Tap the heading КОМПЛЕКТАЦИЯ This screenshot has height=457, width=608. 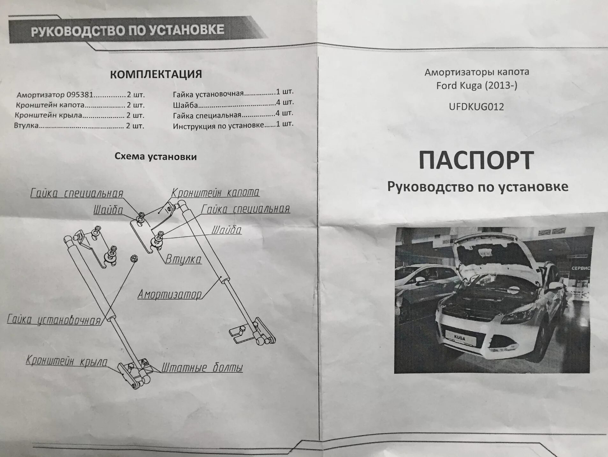tap(156, 74)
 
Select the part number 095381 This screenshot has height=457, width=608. tap(80, 95)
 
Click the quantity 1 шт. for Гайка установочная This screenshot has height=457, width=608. tap(285, 92)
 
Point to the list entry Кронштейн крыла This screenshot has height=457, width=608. tap(48, 115)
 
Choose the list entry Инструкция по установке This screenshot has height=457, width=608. tap(219, 125)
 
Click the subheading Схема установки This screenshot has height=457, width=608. tap(156, 156)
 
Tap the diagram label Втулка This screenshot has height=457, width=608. tap(183, 259)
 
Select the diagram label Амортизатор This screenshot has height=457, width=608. tap(170, 294)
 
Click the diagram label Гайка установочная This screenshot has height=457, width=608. tap(54, 320)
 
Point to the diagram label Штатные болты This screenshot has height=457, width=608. tap(202, 368)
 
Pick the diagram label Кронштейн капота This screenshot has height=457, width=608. tap(216, 193)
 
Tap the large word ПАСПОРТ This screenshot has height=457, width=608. tap(476, 161)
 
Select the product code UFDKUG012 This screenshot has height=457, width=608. tap(476, 107)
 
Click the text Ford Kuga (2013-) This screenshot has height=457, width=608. tap(477, 86)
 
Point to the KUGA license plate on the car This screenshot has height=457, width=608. tap(459, 338)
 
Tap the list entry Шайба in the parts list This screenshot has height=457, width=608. tap(186, 105)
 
